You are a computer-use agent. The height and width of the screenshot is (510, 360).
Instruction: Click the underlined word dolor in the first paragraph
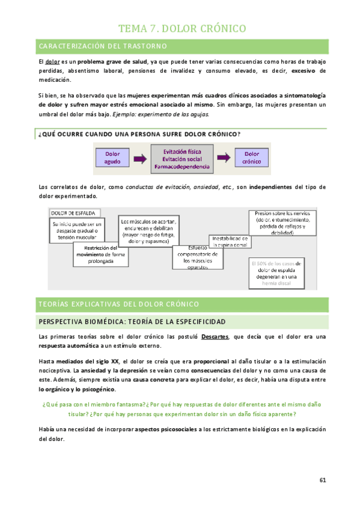52,62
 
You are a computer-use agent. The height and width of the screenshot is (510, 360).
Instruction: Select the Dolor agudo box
112,158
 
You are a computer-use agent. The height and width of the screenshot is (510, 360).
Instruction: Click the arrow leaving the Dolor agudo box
139,158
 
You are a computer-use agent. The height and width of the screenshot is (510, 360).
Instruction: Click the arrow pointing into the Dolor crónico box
223,158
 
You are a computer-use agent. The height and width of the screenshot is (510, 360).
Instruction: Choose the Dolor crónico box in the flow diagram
252,158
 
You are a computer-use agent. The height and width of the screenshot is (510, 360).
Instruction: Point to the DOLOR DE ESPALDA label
75,212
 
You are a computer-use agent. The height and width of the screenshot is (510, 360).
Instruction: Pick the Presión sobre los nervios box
282,223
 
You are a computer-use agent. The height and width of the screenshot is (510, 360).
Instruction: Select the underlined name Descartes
215,337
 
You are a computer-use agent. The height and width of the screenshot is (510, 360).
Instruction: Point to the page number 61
322,481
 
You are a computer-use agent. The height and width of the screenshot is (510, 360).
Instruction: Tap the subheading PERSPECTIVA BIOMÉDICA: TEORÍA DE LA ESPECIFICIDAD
132,322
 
